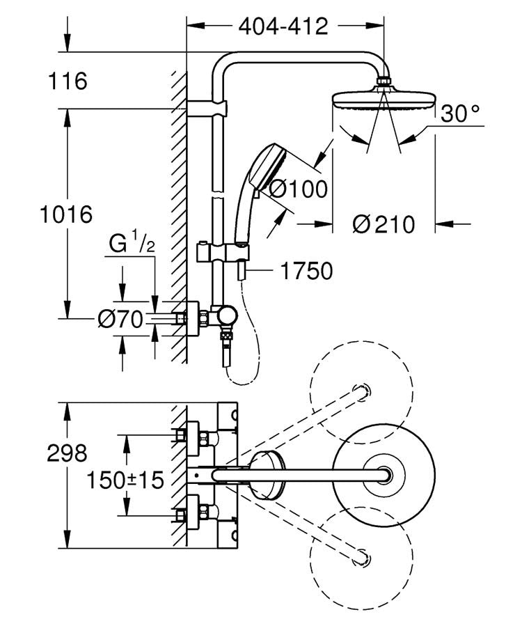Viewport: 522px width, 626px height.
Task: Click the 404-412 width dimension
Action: coord(283,26)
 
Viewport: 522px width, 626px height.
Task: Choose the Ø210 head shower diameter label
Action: coord(383,224)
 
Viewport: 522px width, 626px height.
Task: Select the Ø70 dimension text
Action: coord(120,320)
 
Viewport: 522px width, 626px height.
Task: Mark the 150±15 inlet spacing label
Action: coord(125,480)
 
